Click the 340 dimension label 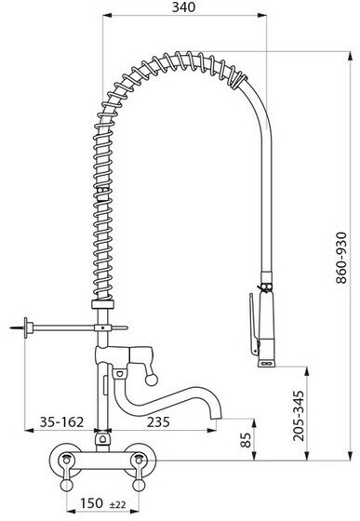(183, 7)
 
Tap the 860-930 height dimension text (341, 258)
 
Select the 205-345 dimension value (299, 416)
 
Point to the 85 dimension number (246, 440)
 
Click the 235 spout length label (158, 422)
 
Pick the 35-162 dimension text (61, 422)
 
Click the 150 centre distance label (91, 503)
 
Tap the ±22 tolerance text (117, 504)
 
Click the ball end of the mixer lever (152, 380)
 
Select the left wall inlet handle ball (66, 485)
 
